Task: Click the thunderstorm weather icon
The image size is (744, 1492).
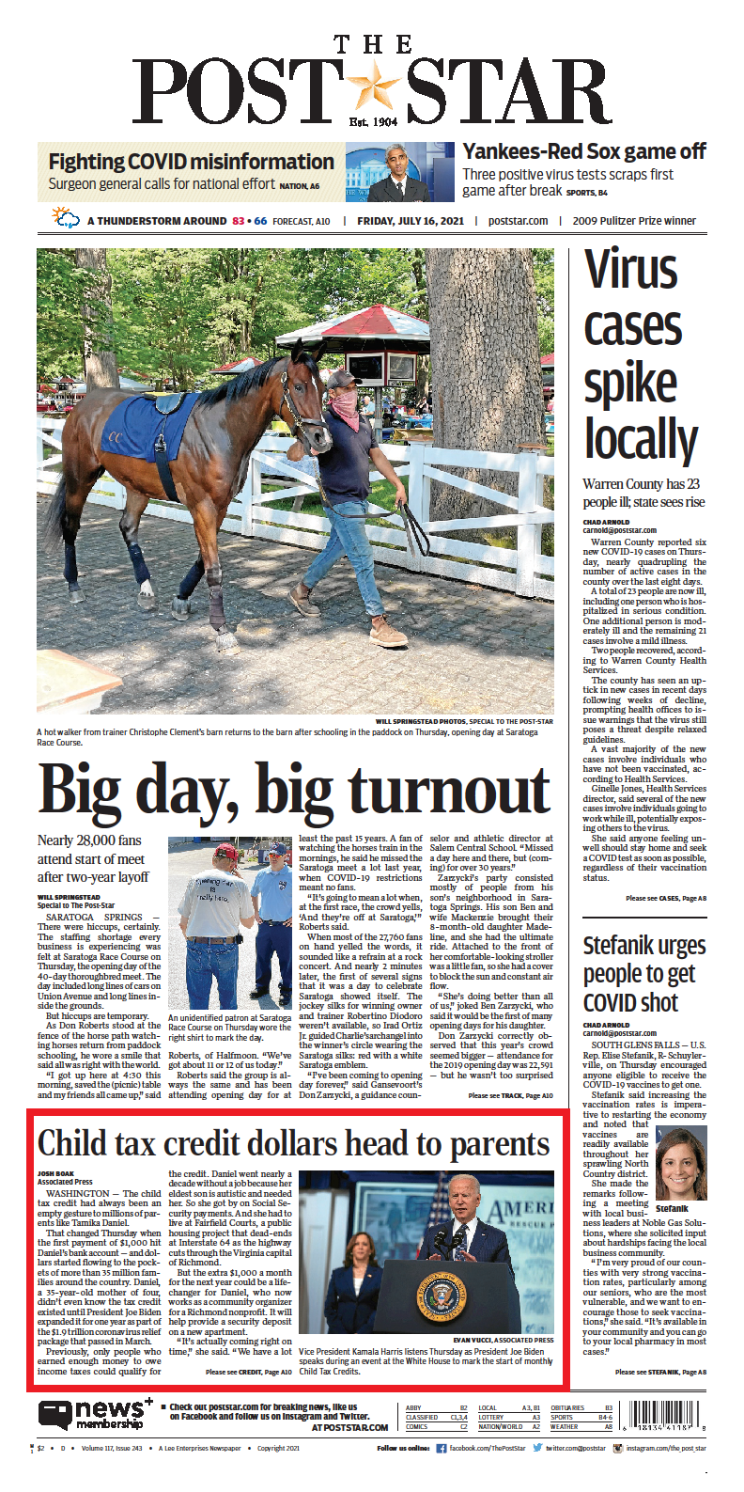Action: (x=66, y=219)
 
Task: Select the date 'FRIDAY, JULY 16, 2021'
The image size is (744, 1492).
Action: (x=411, y=221)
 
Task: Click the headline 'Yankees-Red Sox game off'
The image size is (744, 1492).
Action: (x=583, y=151)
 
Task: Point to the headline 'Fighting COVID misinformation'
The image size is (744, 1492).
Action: (x=191, y=162)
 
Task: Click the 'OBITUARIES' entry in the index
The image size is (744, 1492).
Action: (x=567, y=1407)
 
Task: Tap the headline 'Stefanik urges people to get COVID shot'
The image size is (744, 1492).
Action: (x=643, y=974)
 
